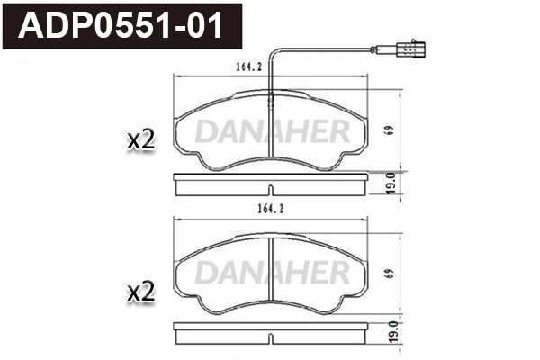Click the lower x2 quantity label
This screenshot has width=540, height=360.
[142, 292]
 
